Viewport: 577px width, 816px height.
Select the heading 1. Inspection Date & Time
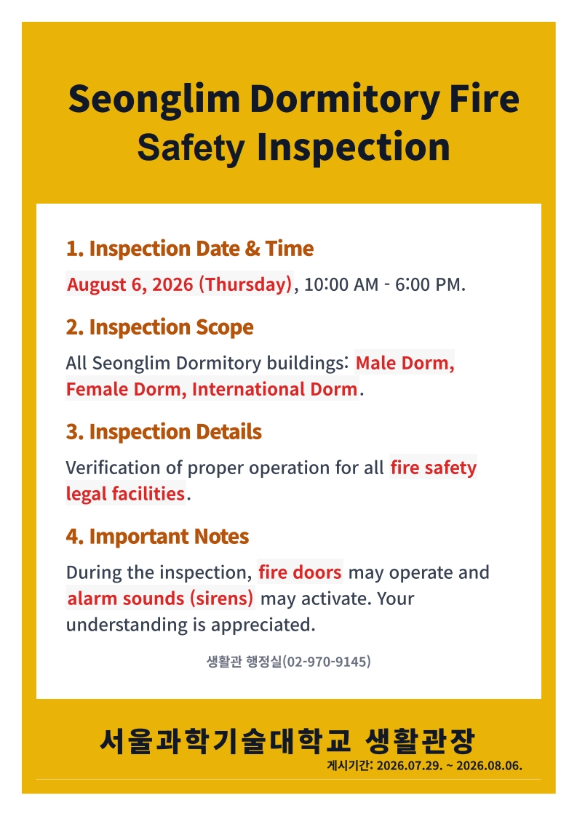[190, 249]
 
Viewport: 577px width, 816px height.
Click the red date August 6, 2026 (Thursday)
[180, 284]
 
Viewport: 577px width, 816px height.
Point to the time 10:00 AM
[341, 284]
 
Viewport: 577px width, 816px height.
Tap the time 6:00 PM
[429, 284]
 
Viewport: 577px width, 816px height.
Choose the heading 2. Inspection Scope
[159, 327]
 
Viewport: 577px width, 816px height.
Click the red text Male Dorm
[405, 363]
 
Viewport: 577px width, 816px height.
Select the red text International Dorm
[274, 389]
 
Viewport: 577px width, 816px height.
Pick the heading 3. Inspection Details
[164, 432]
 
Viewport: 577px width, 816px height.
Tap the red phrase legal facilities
[125, 494]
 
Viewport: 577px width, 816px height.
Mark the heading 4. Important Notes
[157, 537]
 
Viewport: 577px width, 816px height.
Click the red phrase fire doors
[300, 572]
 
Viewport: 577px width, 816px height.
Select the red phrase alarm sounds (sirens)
[160, 599]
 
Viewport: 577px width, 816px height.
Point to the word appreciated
[263, 625]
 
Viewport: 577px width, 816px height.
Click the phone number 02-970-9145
[327, 661]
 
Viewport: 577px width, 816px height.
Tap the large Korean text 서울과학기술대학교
[225, 740]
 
